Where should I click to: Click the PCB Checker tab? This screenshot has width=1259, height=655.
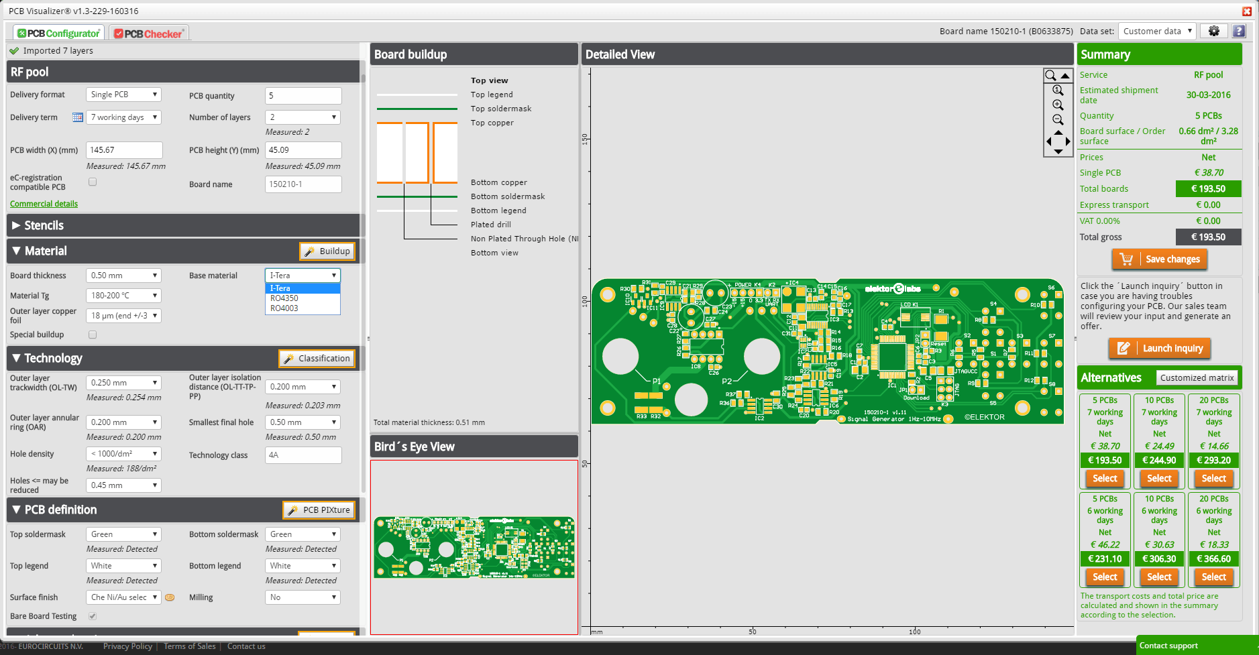pos(148,34)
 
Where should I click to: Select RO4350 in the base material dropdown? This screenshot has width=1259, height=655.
pos(284,298)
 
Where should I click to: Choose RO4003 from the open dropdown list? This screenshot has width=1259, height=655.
pos(284,308)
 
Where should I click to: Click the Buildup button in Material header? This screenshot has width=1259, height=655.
pos(327,251)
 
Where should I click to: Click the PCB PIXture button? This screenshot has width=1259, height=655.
pos(319,510)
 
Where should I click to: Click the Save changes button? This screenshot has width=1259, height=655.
pos(1160,259)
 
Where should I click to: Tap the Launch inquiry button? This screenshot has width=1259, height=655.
pos(1160,349)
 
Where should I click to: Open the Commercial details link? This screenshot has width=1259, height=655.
pos(44,204)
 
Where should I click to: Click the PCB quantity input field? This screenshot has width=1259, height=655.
pos(303,96)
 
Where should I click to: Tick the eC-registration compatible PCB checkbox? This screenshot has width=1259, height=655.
pos(93,182)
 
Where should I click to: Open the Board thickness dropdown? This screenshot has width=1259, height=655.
pos(123,276)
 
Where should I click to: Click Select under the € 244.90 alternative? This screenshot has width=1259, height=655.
pos(1159,479)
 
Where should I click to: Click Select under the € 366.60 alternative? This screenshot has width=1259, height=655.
pos(1213,577)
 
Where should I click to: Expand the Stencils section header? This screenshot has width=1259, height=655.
pos(44,226)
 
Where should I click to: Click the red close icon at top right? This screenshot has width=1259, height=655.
pos(1246,11)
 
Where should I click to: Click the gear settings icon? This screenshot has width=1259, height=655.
pos(1213,31)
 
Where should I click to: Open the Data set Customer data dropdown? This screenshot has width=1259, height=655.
pos(1157,31)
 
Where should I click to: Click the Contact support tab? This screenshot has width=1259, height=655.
pos(1168,646)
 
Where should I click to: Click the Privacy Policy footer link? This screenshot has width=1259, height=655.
pos(127,646)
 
